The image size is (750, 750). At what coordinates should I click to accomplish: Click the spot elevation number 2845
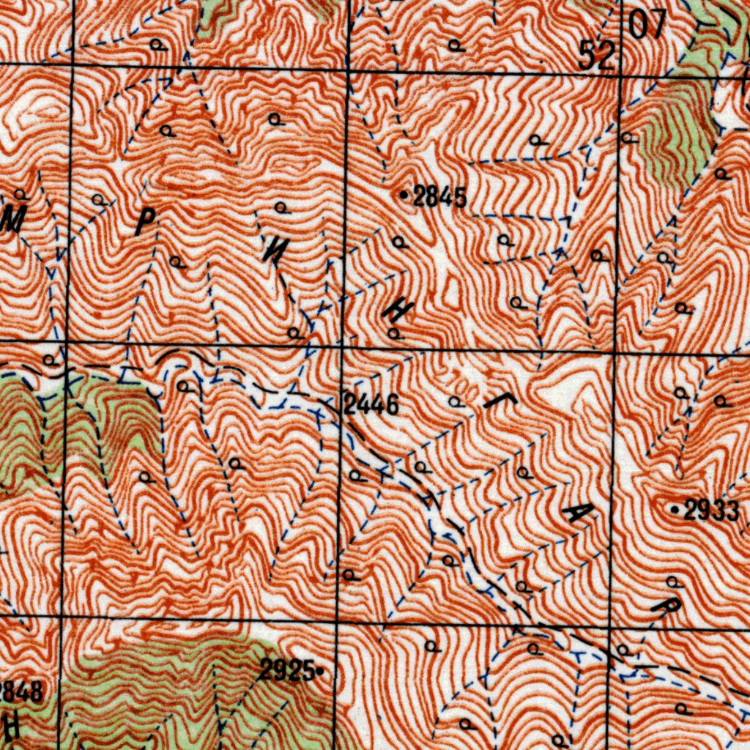pos(439,196)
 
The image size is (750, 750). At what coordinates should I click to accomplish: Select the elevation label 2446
pos(371,404)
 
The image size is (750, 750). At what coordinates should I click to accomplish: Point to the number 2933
pos(711,510)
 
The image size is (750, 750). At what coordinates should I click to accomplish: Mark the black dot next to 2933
pos(675,508)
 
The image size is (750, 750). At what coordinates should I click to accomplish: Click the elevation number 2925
pos(287,669)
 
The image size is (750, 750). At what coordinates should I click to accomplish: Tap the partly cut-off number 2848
pos(21,691)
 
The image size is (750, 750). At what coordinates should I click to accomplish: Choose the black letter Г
pos(494,399)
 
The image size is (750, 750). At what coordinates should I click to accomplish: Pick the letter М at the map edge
pos(12,219)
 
